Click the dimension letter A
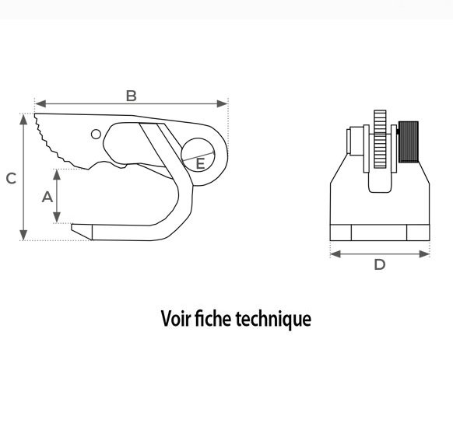pyautogui.click(x=47, y=198)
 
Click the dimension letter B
pyautogui.click(x=132, y=96)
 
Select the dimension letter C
pyautogui.click(x=11, y=178)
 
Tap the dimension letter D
pyautogui.click(x=380, y=264)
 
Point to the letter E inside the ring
pyautogui.click(x=200, y=163)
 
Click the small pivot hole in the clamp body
pyautogui.click(x=96, y=135)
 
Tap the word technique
pyautogui.click(x=273, y=320)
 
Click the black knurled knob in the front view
pyautogui.click(x=409, y=142)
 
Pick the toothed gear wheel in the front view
pyautogui.click(x=380, y=139)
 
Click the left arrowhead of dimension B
pyautogui.click(x=40, y=103)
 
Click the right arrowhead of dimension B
pyautogui.click(x=222, y=103)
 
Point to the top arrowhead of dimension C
pyautogui.click(x=23, y=120)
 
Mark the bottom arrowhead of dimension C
pyautogui.click(x=23, y=235)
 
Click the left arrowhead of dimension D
pyautogui.click(x=335, y=254)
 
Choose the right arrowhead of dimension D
pyautogui.click(x=424, y=254)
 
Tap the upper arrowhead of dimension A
pyautogui.click(x=57, y=175)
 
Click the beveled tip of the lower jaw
pyautogui.click(x=82, y=232)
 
